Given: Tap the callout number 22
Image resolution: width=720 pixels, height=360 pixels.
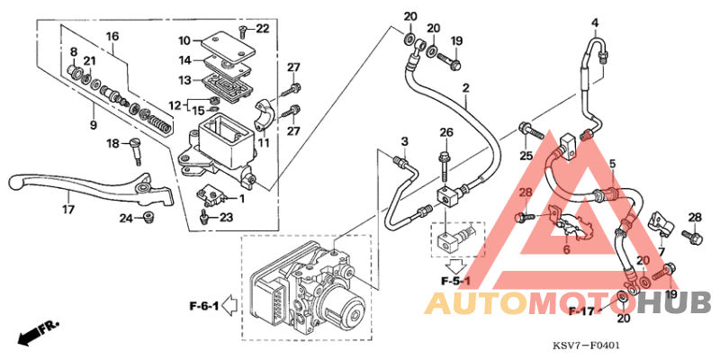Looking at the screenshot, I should click(262, 29).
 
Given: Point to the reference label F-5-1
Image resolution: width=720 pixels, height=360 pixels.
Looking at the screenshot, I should click(457, 282).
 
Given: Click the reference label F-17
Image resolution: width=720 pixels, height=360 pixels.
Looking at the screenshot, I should click(583, 310).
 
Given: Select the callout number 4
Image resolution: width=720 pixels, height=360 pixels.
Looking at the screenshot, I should click(595, 22).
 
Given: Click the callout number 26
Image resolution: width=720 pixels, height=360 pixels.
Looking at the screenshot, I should click(445, 133).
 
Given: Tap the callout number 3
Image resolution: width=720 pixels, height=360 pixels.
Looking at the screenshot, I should click(405, 142).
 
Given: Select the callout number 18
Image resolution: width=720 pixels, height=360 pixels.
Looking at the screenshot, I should click(113, 144).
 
